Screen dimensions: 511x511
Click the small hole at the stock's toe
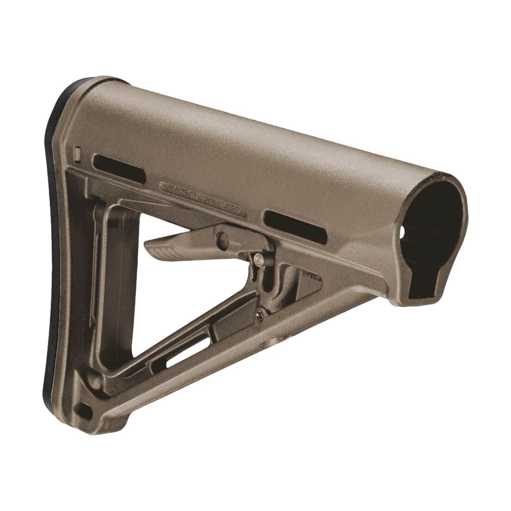84,408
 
